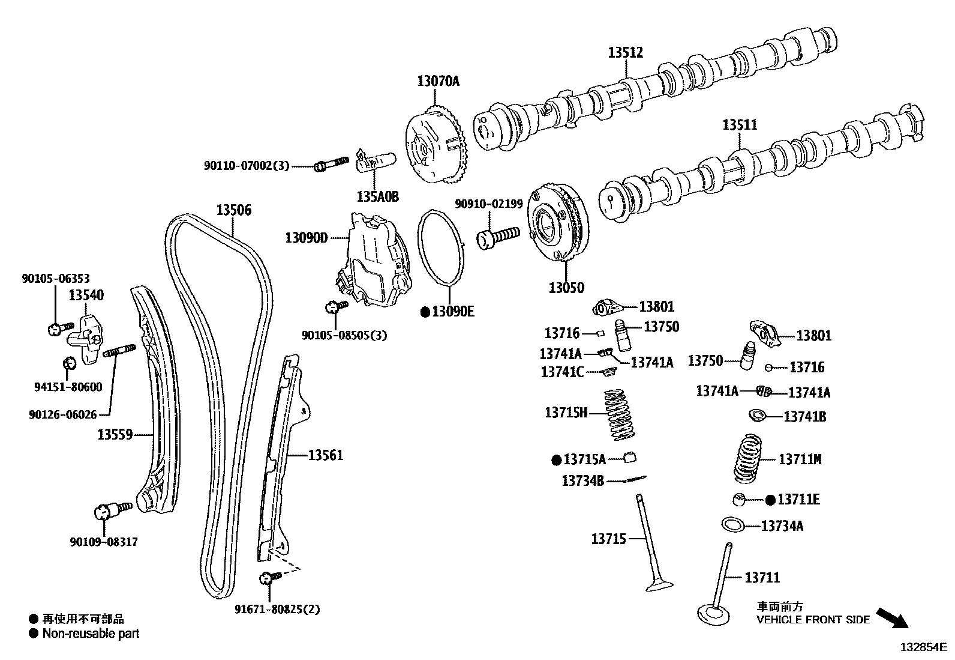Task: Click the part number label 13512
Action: (x=625, y=53)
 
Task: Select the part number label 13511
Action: (x=739, y=125)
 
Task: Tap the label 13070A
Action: (x=438, y=81)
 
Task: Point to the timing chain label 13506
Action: (x=234, y=210)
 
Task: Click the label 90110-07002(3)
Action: (x=246, y=165)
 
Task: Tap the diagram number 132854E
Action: (x=922, y=647)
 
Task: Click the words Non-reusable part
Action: (x=91, y=633)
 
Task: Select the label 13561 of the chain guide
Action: (x=326, y=455)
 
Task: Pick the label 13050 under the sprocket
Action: (x=566, y=288)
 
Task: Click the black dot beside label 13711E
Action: (x=770, y=499)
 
